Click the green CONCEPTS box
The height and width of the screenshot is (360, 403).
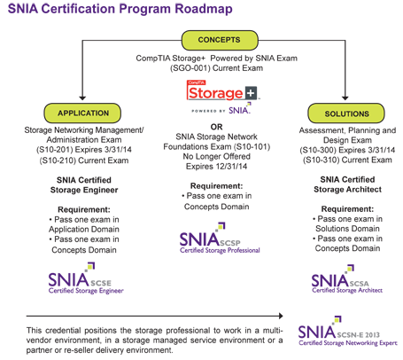220,40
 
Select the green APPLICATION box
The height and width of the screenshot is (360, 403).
82,113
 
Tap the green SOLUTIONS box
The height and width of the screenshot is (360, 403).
346,113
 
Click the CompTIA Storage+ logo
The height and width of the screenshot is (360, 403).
222,97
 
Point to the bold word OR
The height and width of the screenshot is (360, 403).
216,127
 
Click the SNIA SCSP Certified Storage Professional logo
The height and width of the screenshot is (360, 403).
220,239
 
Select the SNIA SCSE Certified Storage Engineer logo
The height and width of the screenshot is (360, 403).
86,278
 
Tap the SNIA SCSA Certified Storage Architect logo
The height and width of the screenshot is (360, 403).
347,279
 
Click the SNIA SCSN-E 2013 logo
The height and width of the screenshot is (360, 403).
347,332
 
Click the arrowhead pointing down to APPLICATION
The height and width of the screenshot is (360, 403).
82,98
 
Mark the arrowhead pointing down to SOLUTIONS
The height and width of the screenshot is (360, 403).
345,98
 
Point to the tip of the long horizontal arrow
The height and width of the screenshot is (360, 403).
283,316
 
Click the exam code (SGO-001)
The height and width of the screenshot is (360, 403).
190,68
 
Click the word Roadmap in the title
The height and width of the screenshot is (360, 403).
204,9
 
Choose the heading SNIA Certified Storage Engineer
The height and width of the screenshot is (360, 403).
84,184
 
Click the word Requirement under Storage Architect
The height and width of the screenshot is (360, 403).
347,209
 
